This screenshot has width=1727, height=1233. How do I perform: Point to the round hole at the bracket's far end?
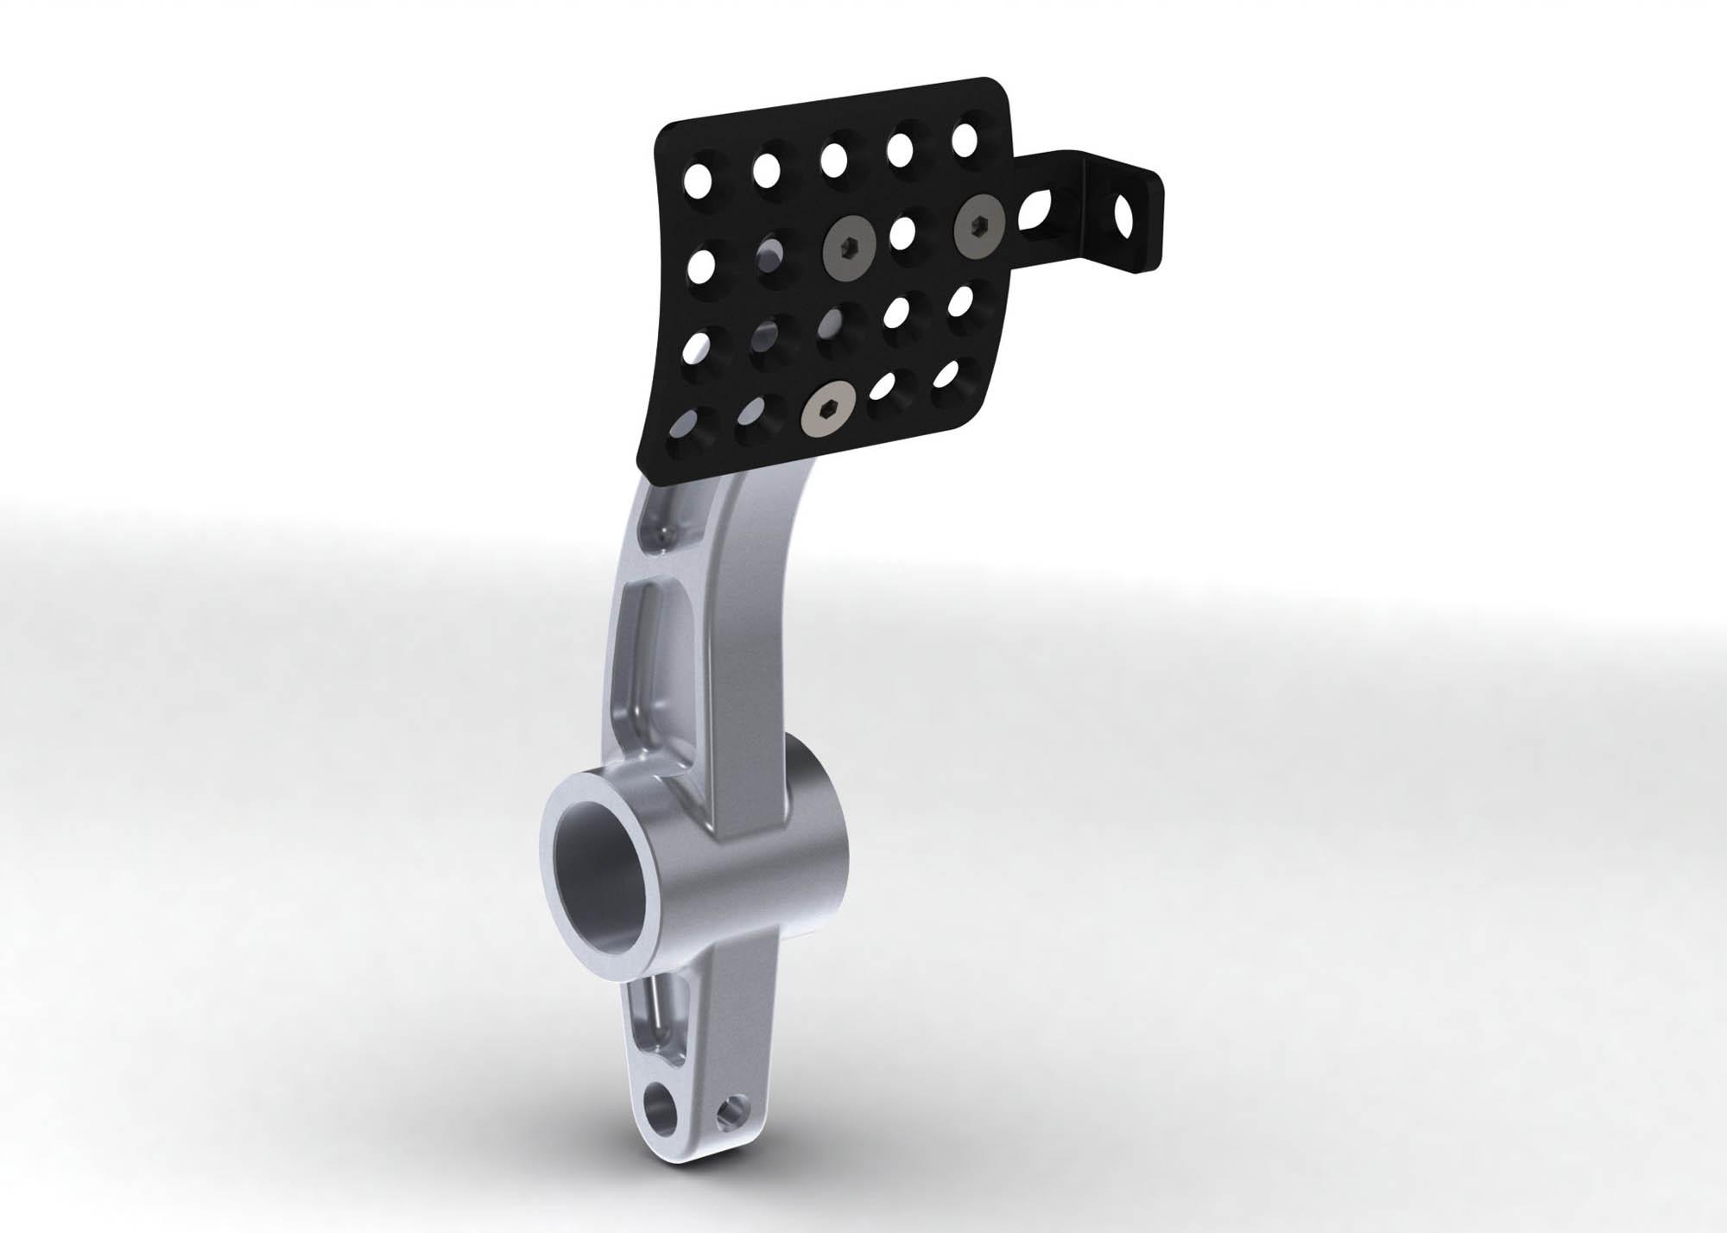[x=1126, y=212]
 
